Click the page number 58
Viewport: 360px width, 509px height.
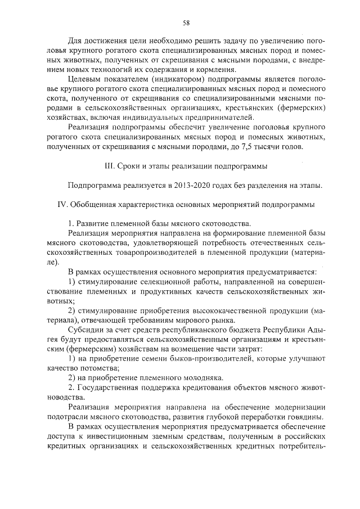[186, 22]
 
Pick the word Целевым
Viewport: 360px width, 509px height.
[84, 80]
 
